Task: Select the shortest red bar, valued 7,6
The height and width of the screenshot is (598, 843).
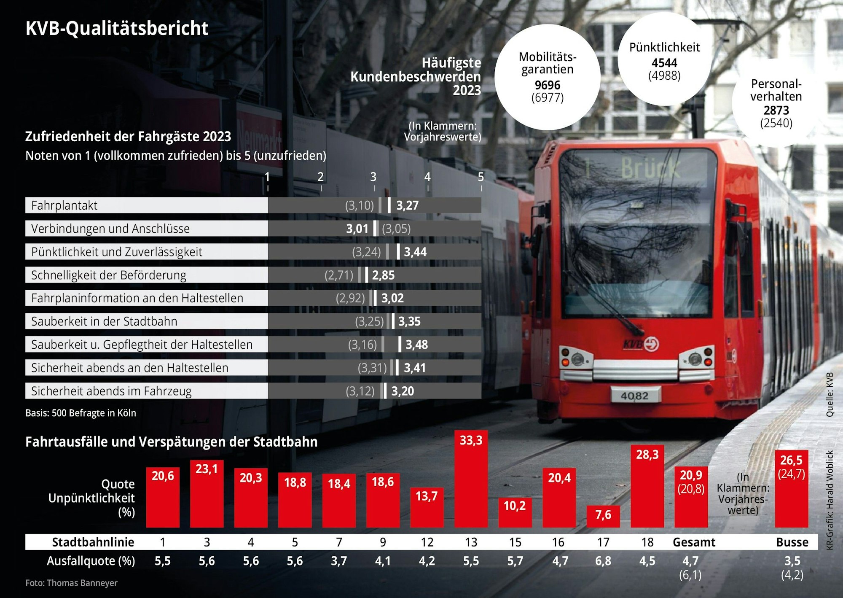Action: (603, 516)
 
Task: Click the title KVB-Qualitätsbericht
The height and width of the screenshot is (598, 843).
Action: (117, 28)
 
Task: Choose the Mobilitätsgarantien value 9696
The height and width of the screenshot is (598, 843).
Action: (547, 85)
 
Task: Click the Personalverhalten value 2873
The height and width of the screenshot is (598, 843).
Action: (776, 110)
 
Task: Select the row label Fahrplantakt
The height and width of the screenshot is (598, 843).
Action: (64, 205)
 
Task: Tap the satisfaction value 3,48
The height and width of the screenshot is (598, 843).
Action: (416, 345)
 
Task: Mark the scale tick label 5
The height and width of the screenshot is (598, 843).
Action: (481, 177)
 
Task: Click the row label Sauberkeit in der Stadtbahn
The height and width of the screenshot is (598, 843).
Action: (104, 321)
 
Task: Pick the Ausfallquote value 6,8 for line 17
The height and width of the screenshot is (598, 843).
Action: (603, 561)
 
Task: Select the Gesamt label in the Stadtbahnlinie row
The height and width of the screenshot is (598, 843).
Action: (694, 542)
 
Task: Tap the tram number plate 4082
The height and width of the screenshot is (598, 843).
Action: (634, 396)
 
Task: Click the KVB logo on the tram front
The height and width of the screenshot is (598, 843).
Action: (641, 344)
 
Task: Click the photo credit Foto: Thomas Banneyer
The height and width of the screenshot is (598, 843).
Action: (71, 583)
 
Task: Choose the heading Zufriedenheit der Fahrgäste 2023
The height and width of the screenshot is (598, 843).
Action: (128, 137)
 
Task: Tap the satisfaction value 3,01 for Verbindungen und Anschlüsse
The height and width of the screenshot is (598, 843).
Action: (357, 229)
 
